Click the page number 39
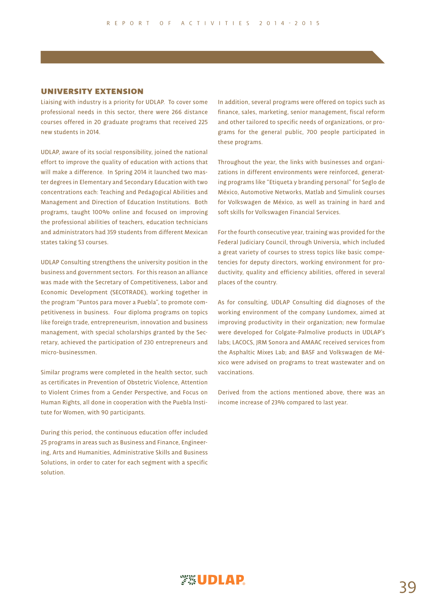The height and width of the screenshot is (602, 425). pos(407,587)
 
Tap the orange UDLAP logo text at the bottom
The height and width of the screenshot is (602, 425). pos(221,580)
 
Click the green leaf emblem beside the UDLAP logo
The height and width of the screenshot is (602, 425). pos(188,580)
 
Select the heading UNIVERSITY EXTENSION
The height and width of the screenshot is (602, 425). pos(92,91)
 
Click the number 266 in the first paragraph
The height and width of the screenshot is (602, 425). pos(177,112)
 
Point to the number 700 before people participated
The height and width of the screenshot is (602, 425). pos(312,132)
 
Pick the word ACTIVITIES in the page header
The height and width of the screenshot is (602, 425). pos(215,23)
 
